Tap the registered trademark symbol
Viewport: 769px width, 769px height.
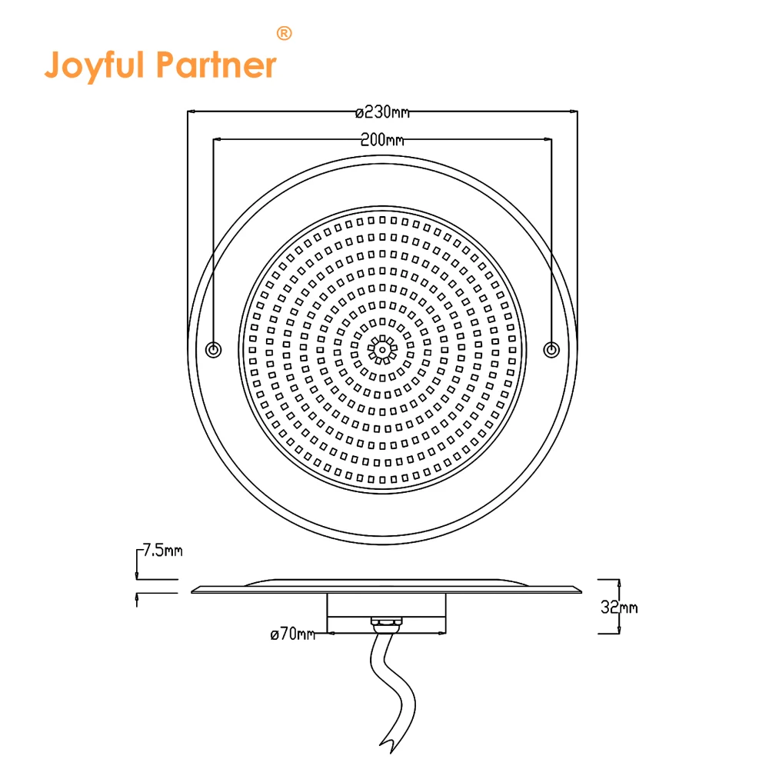(x=284, y=33)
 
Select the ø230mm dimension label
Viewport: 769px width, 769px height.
(x=382, y=112)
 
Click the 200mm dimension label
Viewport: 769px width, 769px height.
(x=382, y=140)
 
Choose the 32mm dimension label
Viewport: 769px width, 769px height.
(x=619, y=608)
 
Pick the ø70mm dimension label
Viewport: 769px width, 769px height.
(x=293, y=634)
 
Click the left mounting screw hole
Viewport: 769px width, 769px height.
(x=214, y=350)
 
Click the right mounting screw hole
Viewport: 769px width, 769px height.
(x=551, y=350)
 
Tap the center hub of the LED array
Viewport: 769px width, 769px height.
(x=381, y=349)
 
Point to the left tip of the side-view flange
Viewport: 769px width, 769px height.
(x=192, y=590)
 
